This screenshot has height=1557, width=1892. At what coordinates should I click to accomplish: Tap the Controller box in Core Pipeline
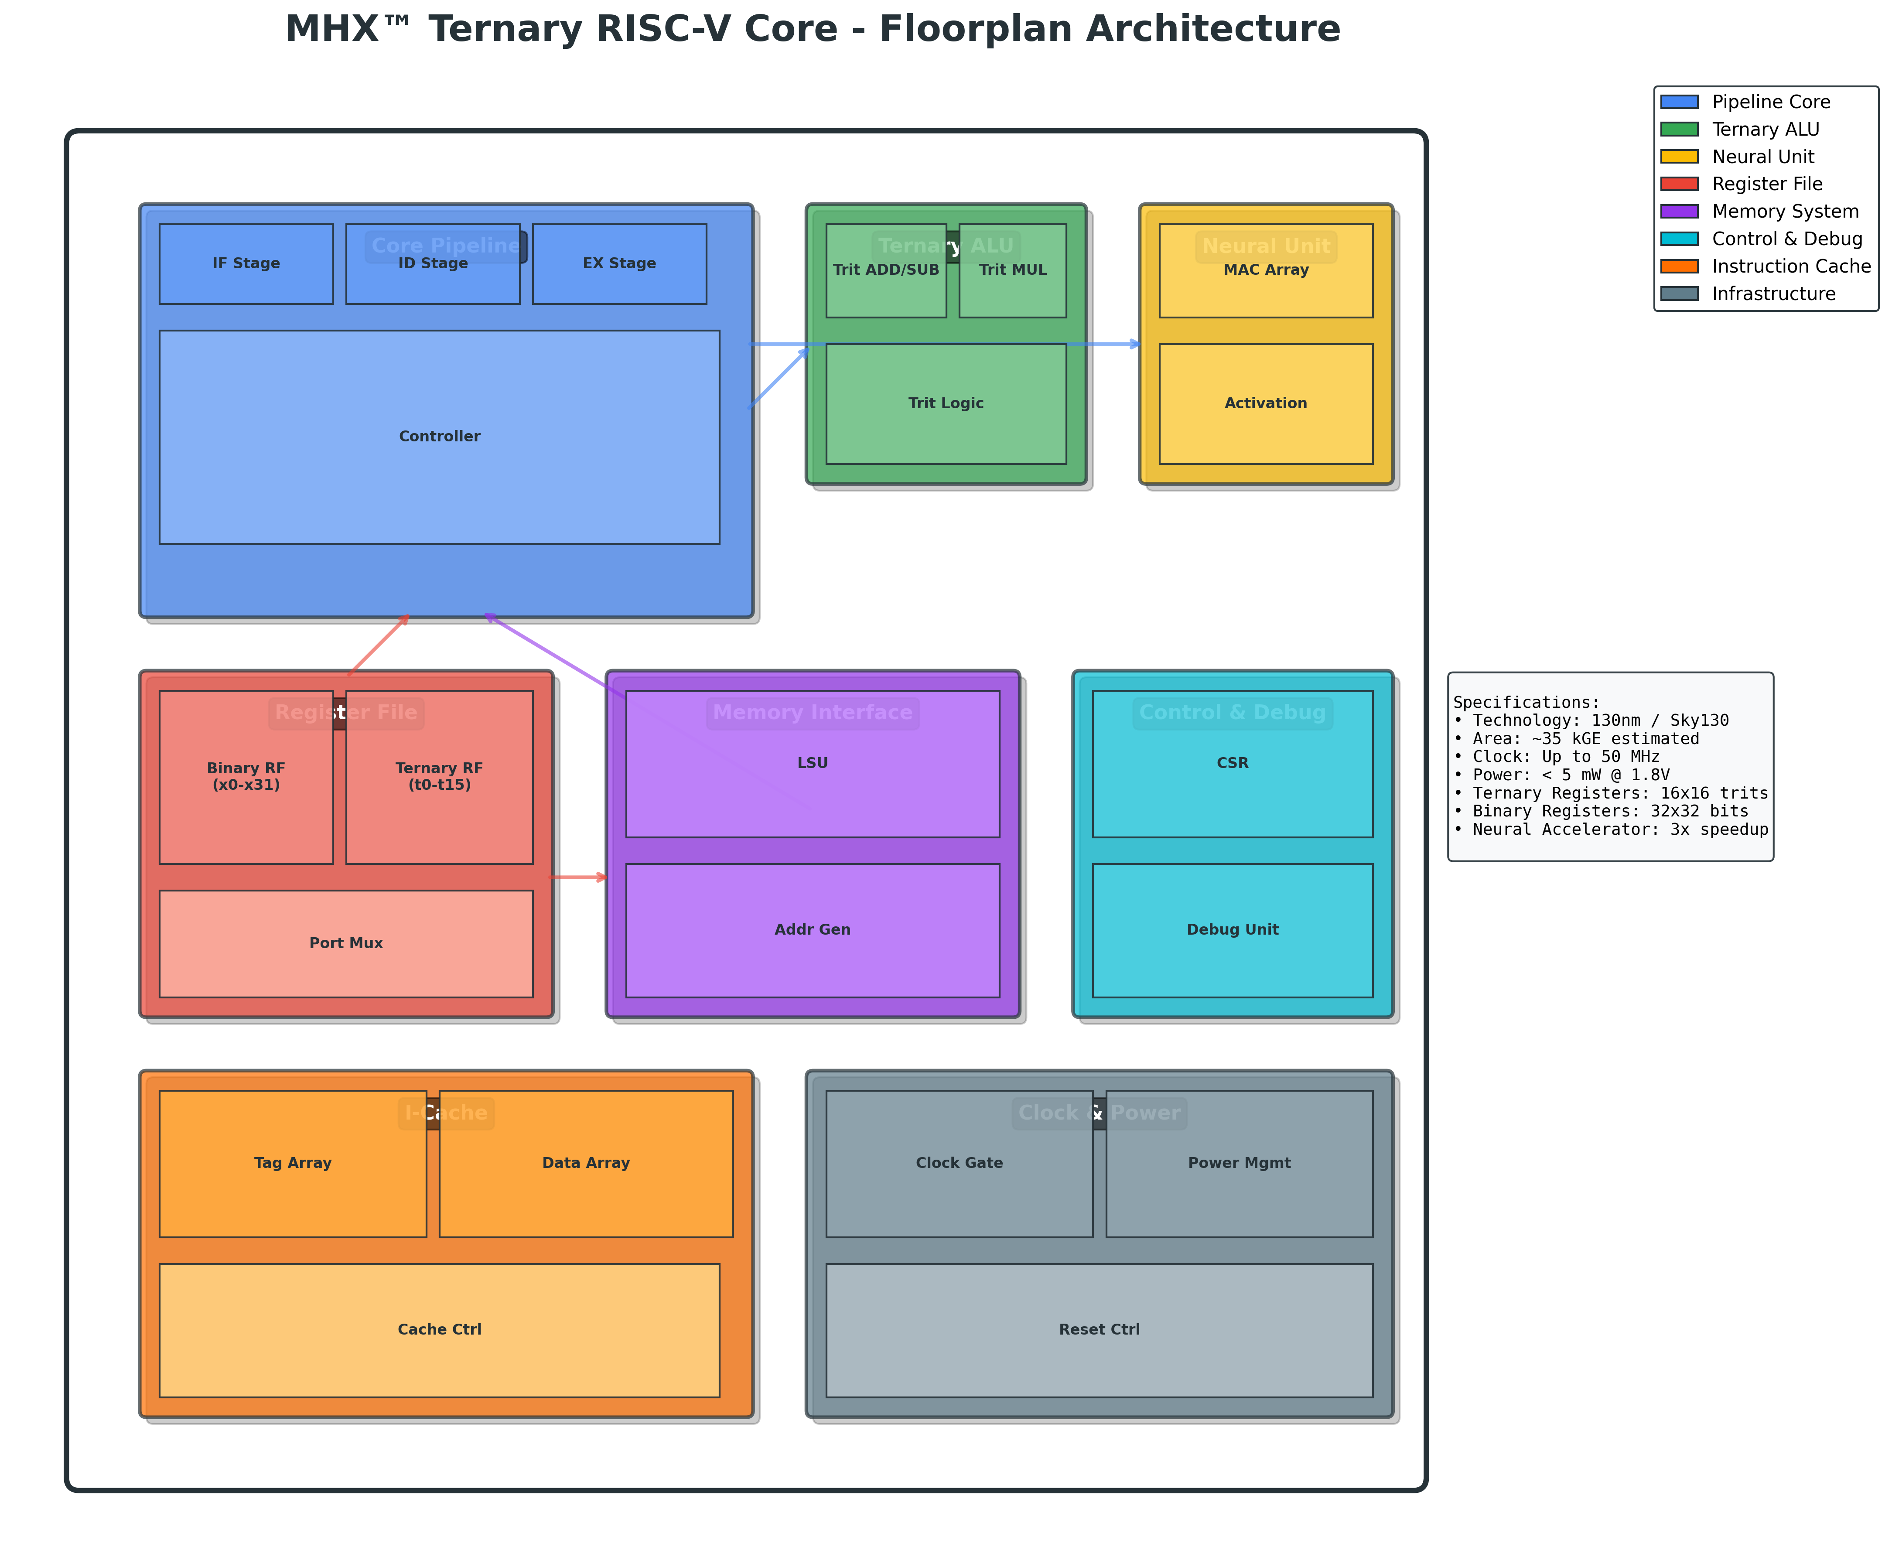[x=439, y=437]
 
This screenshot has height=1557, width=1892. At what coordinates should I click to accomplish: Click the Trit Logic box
[x=946, y=403]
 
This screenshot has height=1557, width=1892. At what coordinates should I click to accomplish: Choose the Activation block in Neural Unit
[x=1265, y=403]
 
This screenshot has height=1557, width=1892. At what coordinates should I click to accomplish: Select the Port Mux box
[x=346, y=943]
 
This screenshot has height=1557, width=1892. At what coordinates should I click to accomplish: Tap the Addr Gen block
[x=813, y=930]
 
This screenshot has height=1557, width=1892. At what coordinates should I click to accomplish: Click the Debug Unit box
[x=1232, y=930]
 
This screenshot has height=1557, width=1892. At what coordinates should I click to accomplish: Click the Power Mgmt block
[x=1239, y=1163]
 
